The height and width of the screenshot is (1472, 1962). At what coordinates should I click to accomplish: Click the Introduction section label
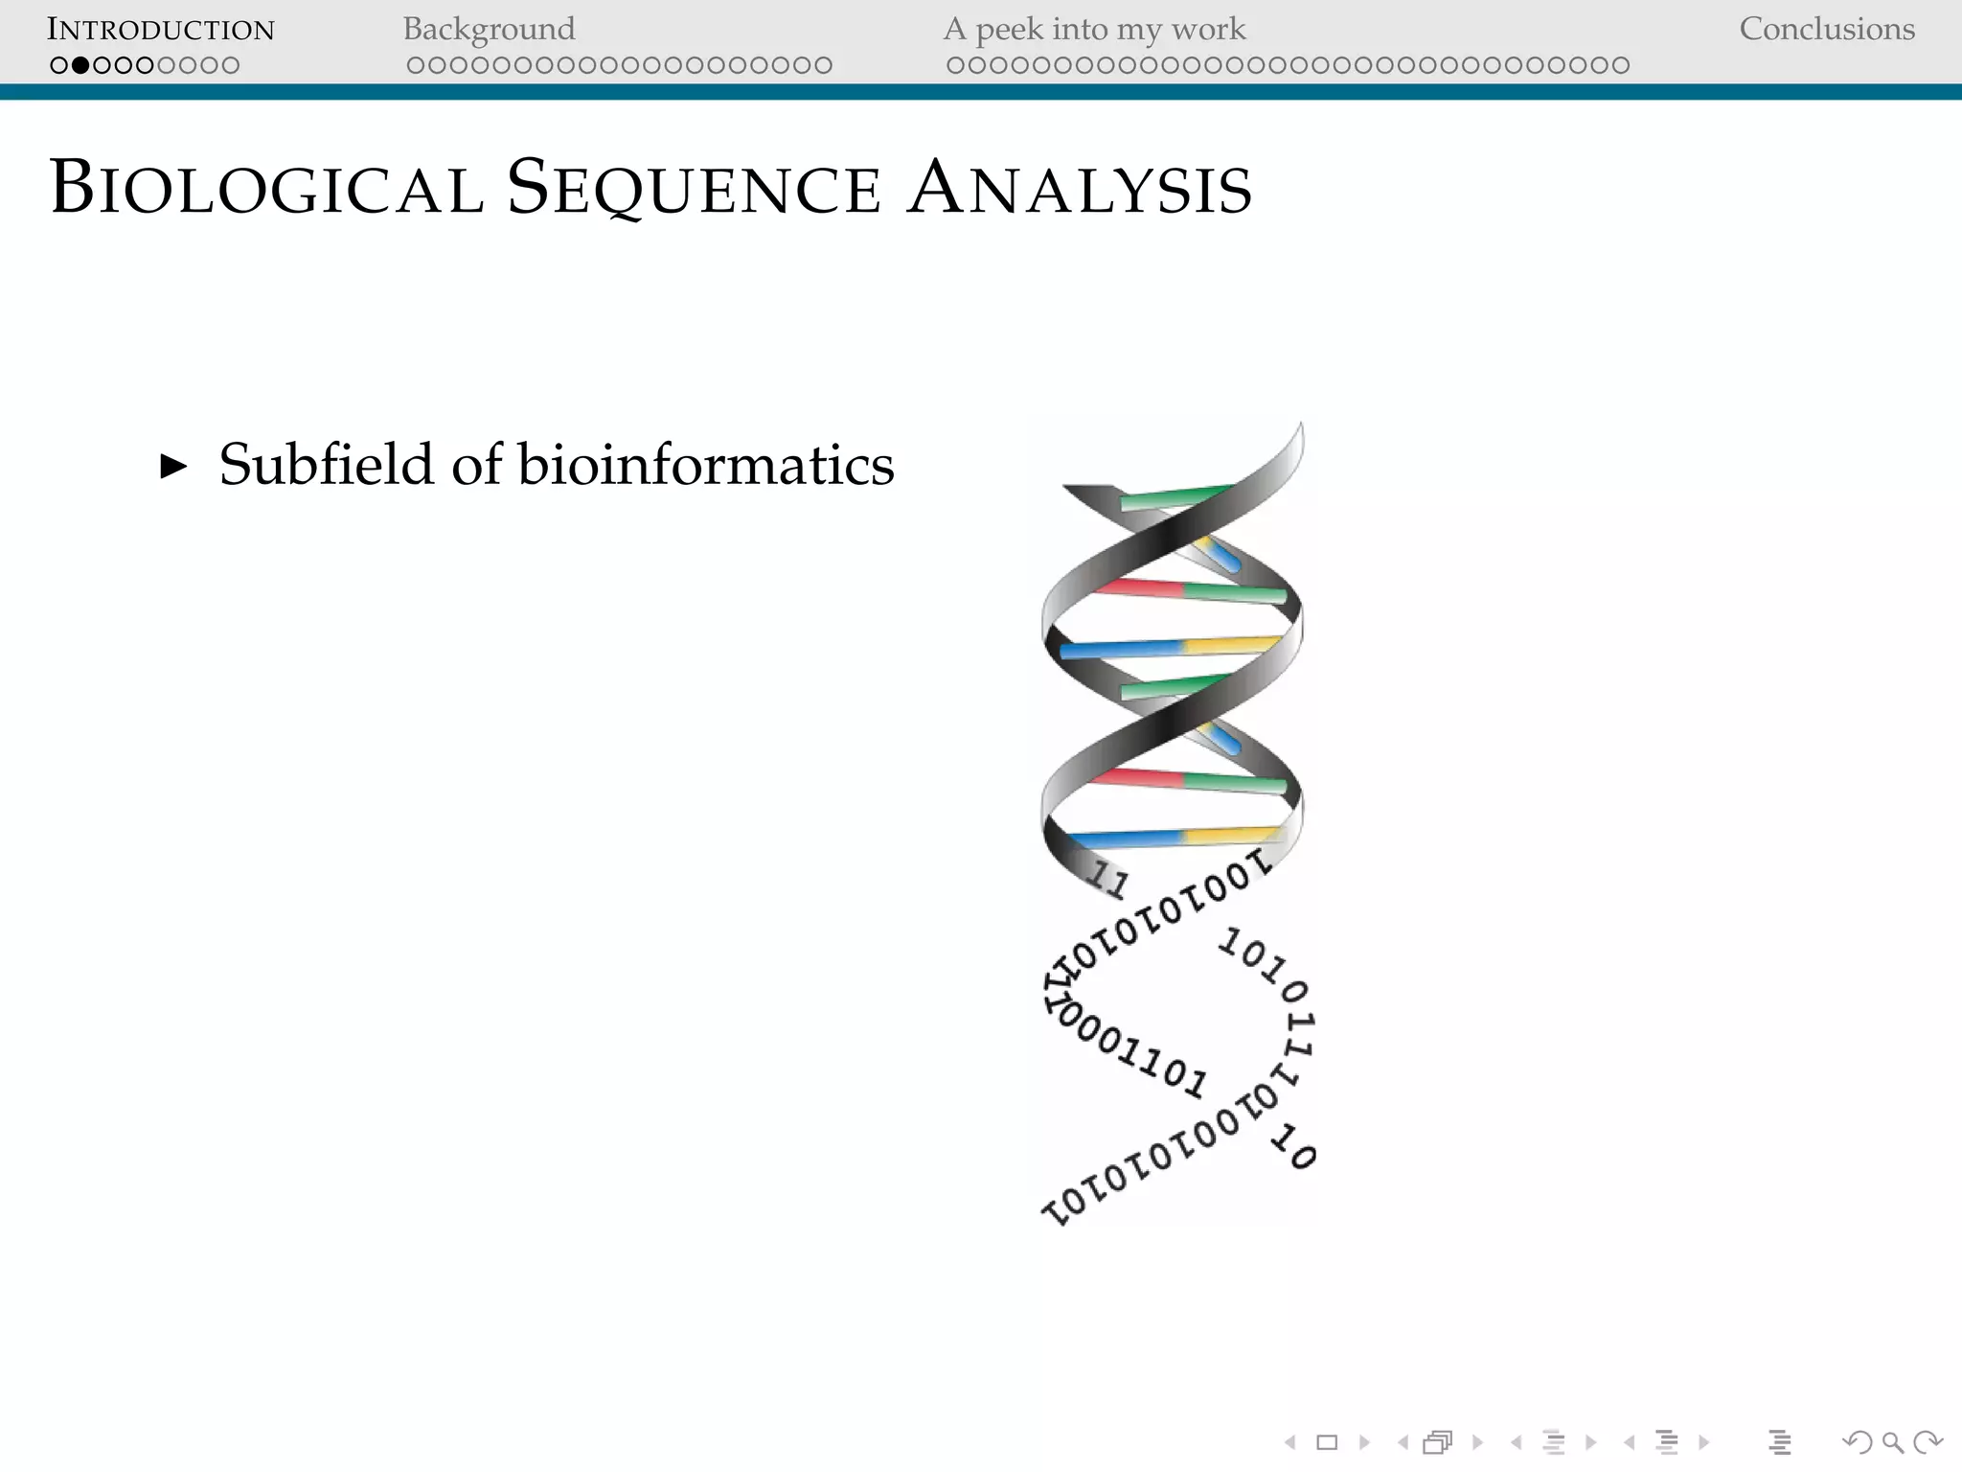coord(161,30)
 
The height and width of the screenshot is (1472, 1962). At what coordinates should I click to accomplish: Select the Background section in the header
coord(489,30)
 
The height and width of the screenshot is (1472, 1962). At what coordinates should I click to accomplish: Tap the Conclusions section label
coord(1827,30)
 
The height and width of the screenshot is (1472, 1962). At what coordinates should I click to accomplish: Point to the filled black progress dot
coord(80,66)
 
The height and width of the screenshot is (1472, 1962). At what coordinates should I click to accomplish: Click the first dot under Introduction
coord(59,66)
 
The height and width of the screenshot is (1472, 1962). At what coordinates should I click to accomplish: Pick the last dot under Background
coord(823,66)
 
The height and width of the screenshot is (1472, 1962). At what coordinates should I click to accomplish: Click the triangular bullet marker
coord(173,467)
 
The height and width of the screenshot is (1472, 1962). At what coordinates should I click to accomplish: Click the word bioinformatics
coord(706,465)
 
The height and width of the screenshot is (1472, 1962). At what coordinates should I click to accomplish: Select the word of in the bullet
coord(476,465)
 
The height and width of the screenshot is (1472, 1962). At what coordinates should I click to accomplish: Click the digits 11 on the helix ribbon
coord(1109,879)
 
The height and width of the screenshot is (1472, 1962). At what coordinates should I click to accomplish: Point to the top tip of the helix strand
coord(1300,428)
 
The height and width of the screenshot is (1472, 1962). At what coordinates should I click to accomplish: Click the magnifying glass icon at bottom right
coord(1892,1442)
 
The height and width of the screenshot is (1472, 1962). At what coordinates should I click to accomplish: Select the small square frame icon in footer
coord(1327,1442)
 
